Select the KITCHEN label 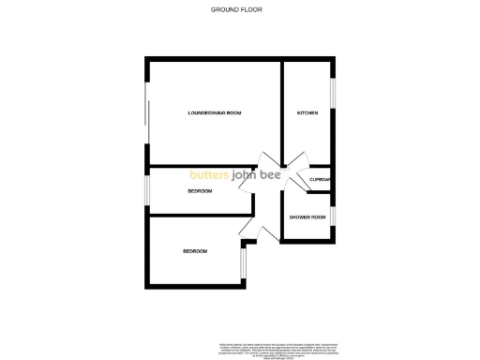click(x=307, y=112)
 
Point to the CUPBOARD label click(x=321, y=180)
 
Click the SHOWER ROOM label click(x=307, y=217)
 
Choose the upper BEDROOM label click(x=200, y=191)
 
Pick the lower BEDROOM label click(x=194, y=251)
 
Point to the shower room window click(x=334, y=217)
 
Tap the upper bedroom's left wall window click(x=146, y=188)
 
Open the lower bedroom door click(x=248, y=229)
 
